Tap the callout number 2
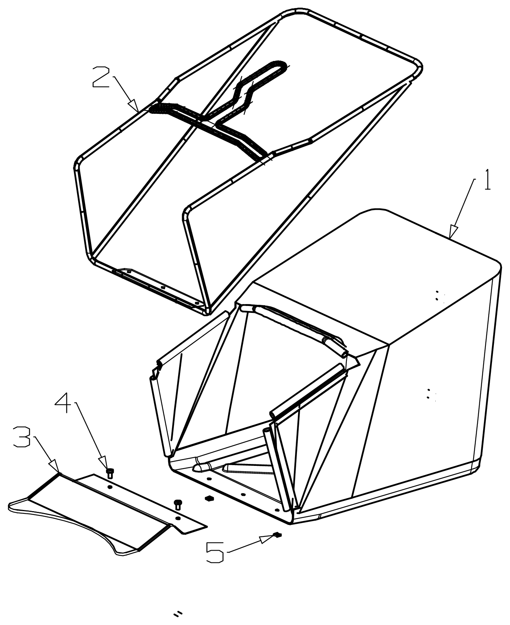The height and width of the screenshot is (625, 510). click(101, 77)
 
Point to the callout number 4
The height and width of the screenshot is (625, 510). click(63, 403)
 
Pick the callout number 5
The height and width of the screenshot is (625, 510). click(215, 553)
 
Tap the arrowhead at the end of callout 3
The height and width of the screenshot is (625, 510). click(55, 466)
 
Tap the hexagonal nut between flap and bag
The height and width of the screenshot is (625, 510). click(209, 498)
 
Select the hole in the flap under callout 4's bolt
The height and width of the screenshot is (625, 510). click(110, 487)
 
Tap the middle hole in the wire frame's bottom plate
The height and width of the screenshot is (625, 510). click(163, 287)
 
